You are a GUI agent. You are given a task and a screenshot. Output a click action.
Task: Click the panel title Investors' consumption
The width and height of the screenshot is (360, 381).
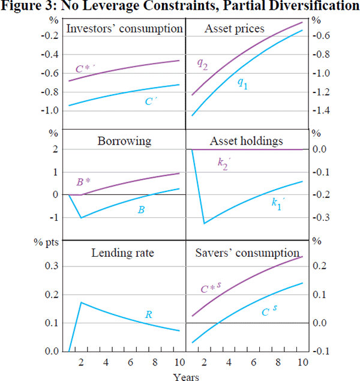pyautogui.click(x=124, y=29)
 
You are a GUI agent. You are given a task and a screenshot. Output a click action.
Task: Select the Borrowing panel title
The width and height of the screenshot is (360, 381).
pyautogui.click(x=124, y=142)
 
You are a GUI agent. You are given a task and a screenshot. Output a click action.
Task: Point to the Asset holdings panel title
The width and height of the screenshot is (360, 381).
pyautogui.click(x=246, y=141)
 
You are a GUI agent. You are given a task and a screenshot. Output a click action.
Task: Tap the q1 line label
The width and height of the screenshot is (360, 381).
pyautogui.click(x=242, y=85)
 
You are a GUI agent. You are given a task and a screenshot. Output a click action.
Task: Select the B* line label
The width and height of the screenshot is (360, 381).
pyautogui.click(x=84, y=182)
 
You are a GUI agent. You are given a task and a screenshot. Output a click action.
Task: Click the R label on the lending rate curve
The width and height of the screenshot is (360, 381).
pyautogui.click(x=149, y=314)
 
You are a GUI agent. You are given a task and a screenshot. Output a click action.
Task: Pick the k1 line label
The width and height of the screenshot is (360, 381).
pyautogui.click(x=276, y=204)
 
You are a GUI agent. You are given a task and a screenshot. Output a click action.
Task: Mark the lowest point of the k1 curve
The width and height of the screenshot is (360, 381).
pyautogui.click(x=205, y=224)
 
